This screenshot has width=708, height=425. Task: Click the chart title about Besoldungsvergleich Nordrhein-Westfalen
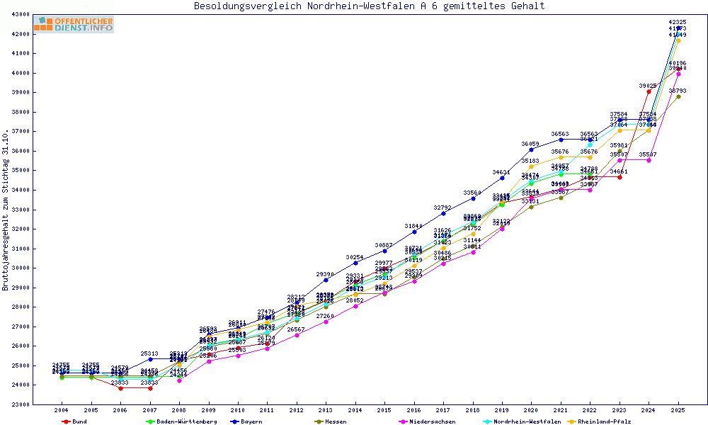(369, 6)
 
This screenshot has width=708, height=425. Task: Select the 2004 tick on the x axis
(62, 410)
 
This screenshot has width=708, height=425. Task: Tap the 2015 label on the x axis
(384, 410)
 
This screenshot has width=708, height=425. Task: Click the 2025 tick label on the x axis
(678, 410)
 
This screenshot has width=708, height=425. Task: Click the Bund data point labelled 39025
(649, 91)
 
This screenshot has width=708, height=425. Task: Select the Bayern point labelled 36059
(531, 150)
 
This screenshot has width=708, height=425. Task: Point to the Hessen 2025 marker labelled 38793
(678, 96)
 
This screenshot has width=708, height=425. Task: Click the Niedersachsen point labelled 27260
(326, 322)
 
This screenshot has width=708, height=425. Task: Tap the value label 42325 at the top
(678, 23)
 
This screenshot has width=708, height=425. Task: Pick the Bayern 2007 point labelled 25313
(150, 359)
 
